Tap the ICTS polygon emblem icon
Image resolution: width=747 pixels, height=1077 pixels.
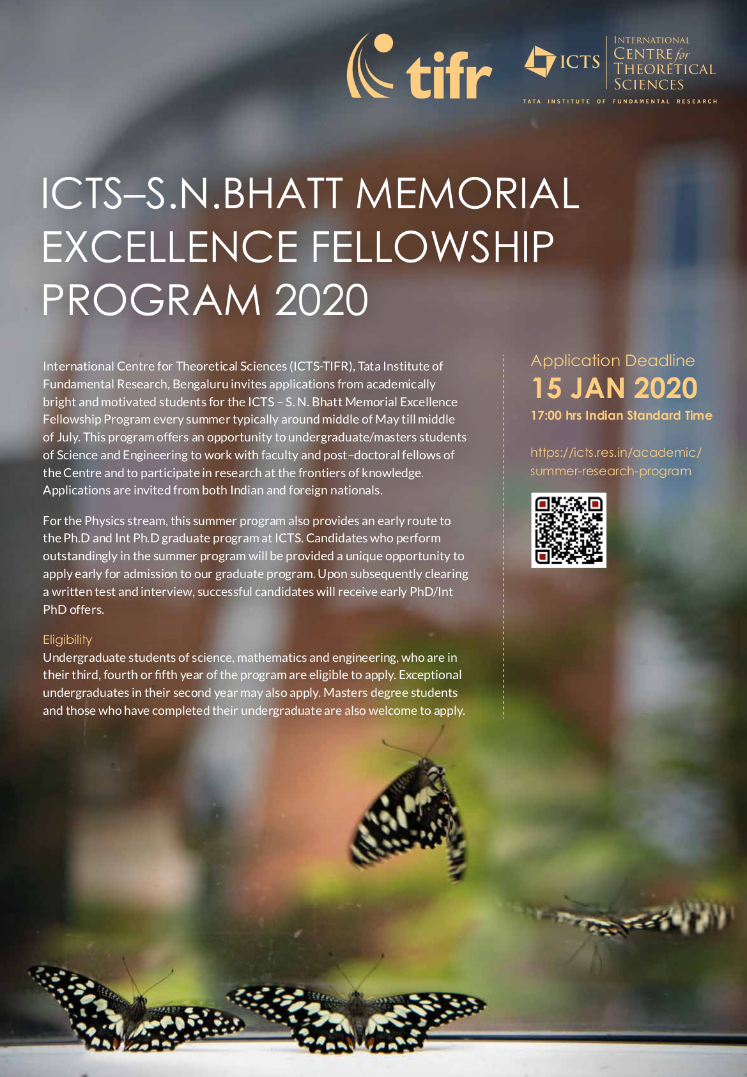click(540, 61)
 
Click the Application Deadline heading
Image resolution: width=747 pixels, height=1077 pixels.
click(612, 361)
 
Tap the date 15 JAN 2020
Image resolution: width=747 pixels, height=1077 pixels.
click(614, 388)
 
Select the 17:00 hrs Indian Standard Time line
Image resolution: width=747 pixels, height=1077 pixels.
click(621, 416)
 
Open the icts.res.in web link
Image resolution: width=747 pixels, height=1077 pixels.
click(615, 461)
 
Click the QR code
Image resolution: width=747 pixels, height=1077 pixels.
click(569, 530)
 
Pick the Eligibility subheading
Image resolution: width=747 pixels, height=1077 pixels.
click(67, 639)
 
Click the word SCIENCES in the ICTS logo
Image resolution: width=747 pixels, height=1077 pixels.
click(649, 85)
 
